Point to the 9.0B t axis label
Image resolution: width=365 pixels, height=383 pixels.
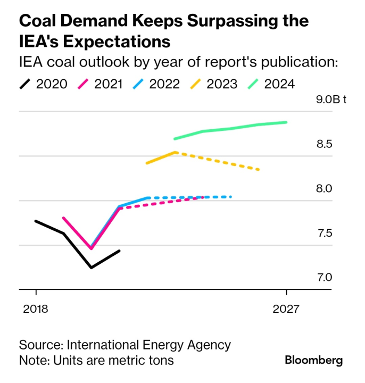pyautogui.click(x=331, y=99)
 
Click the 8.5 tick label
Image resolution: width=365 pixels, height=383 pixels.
pyautogui.click(x=325, y=144)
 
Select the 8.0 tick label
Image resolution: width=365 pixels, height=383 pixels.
pyautogui.click(x=325, y=189)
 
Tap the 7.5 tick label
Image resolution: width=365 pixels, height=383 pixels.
pyautogui.click(x=325, y=233)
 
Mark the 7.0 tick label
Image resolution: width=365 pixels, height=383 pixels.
pyautogui.click(x=325, y=278)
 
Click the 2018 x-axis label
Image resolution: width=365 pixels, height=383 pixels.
pyautogui.click(x=35, y=309)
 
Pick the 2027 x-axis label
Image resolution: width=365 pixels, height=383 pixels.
pyautogui.click(x=287, y=309)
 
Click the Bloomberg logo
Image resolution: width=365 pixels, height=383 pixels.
pyautogui.click(x=314, y=360)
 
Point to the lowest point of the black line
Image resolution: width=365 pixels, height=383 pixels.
pyautogui.click(x=92, y=268)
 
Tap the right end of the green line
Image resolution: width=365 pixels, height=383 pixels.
pyautogui.click(x=286, y=122)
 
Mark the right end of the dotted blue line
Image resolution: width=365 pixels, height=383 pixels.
pyautogui.click(x=231, y=197)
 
